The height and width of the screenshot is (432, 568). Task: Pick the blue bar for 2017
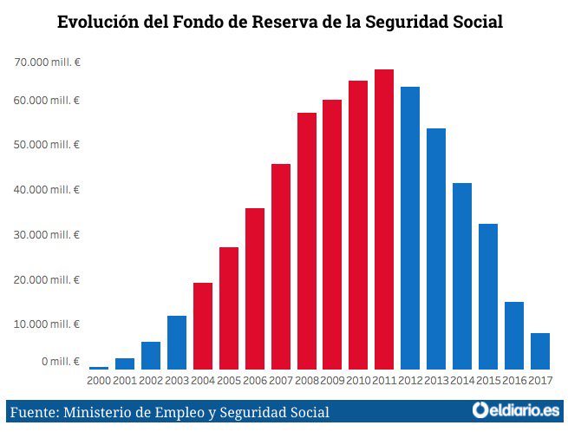pyautogui.click(x=540, y=350)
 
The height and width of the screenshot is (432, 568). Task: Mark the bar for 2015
pyautogui.click(x=488, y=296)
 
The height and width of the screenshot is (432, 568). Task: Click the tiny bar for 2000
pyautogui.click(x=99, y=368)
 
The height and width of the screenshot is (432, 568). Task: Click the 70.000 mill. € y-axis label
pyautogui.click(x=47, y=62)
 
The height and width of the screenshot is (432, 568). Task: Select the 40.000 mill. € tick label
pyautogui.click(x=47, y=190)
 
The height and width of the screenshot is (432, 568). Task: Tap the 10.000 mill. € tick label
pyautogui.click(x=47, y=324)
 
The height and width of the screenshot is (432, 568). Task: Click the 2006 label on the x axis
pyautogui.click(x=255, y=380)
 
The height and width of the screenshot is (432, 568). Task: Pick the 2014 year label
pyautogui.click(x=462, y=380)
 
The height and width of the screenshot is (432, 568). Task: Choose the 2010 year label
pyautogui.click(x=358, y=380)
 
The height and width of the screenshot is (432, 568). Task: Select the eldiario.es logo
pyautogui.click(x=516, y=409)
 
